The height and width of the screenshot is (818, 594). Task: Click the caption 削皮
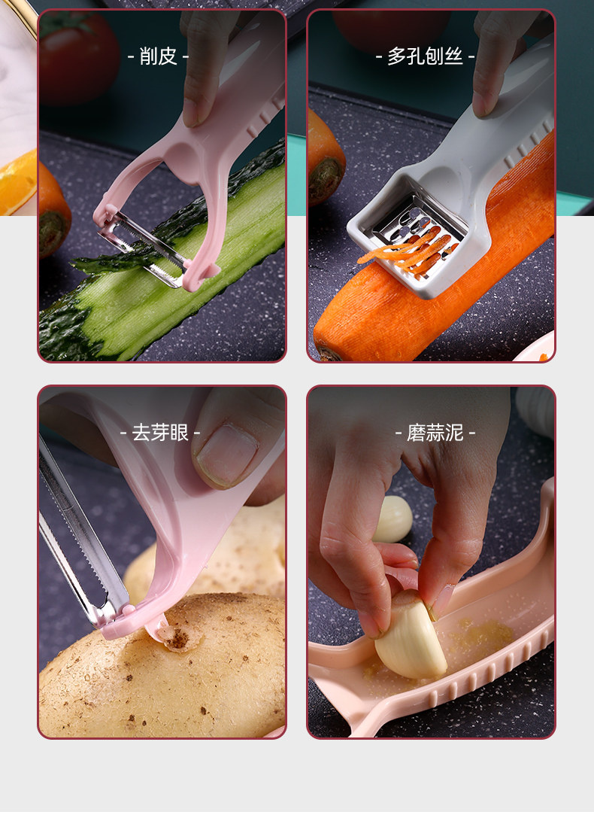coord(159,56)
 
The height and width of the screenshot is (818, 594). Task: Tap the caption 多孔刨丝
coord(425,56)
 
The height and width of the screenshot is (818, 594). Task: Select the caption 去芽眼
coord(159,433)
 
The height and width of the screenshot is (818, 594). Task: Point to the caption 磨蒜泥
coord(435,433)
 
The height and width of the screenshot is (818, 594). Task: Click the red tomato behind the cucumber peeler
coord(78,57)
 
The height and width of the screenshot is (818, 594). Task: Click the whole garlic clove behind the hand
coord(392,518)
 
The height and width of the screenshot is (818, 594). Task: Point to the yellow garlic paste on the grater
coord(482,634)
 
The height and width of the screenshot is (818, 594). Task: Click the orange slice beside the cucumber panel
coord(18,183)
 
